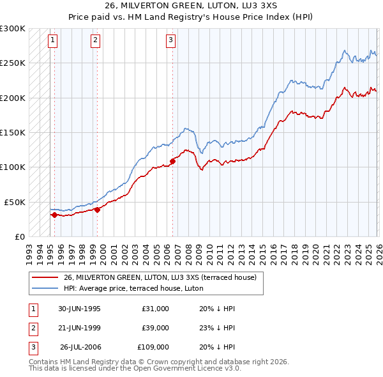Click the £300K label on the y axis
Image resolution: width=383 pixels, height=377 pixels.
coord(13,29)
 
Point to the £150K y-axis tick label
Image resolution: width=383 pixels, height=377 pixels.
coord(13,133)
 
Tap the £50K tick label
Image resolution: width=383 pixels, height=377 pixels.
coord(15,202)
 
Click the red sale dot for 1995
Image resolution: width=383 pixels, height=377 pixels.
coord(55,215)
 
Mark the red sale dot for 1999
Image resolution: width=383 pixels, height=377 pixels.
coord(97,209)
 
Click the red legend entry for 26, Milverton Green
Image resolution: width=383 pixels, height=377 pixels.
coord(160,277)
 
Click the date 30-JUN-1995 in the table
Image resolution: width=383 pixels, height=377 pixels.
coord(79,309)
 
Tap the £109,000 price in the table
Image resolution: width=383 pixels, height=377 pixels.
coord(153,347)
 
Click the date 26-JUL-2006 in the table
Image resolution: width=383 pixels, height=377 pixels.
coord(80,347)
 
